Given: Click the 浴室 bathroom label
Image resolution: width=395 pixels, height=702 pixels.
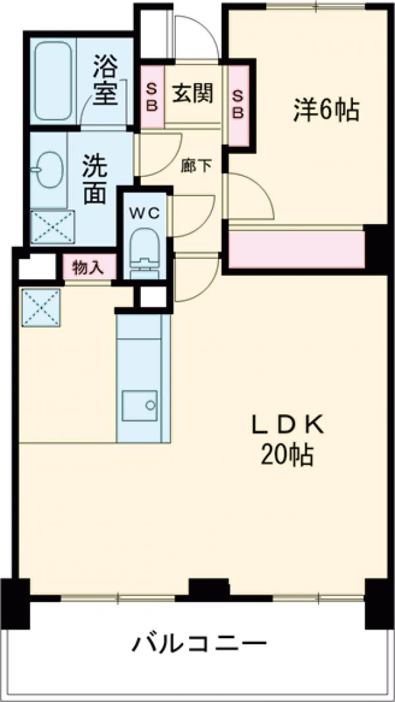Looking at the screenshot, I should [105, 80].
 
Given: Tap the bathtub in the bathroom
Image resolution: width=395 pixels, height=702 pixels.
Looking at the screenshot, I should [54, 80].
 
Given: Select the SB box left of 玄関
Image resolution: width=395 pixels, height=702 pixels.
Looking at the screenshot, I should [151, 97].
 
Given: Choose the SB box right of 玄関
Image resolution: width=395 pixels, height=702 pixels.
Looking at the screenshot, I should [238, 103].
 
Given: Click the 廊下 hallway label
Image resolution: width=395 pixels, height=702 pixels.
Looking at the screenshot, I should [197, 166].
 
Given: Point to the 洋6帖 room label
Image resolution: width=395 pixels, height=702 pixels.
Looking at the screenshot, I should [326, 111].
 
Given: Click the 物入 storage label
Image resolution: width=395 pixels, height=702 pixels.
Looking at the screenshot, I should [89, 267].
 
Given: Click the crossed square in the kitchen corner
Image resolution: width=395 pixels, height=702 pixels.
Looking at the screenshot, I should [41, 308].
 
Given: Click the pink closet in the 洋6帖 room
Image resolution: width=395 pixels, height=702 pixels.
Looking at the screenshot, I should [296, 249].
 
